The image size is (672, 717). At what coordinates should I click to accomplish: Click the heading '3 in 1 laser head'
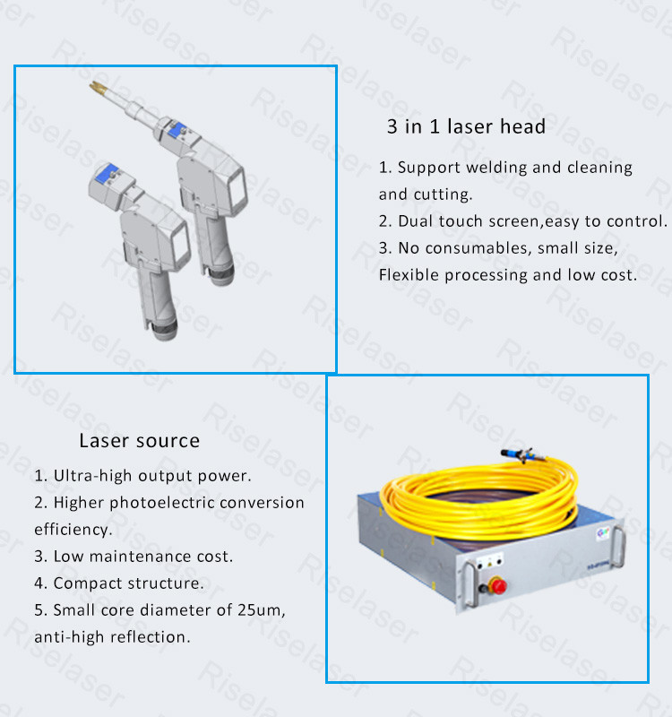[x=466, y=126]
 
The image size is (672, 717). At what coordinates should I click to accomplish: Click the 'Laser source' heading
[x=140, y=441]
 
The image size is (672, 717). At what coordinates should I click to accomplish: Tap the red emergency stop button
[x=497, y=586]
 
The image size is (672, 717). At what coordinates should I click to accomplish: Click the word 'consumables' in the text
[x=478, y=248]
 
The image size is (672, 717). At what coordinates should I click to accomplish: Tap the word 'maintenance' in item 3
[x=141, y=557]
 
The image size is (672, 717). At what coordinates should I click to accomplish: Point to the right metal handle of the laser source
[x=618, y=549]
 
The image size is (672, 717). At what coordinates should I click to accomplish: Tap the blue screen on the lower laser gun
[x=107, y=172]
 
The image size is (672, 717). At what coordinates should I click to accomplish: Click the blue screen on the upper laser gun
[x=177, y=128]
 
